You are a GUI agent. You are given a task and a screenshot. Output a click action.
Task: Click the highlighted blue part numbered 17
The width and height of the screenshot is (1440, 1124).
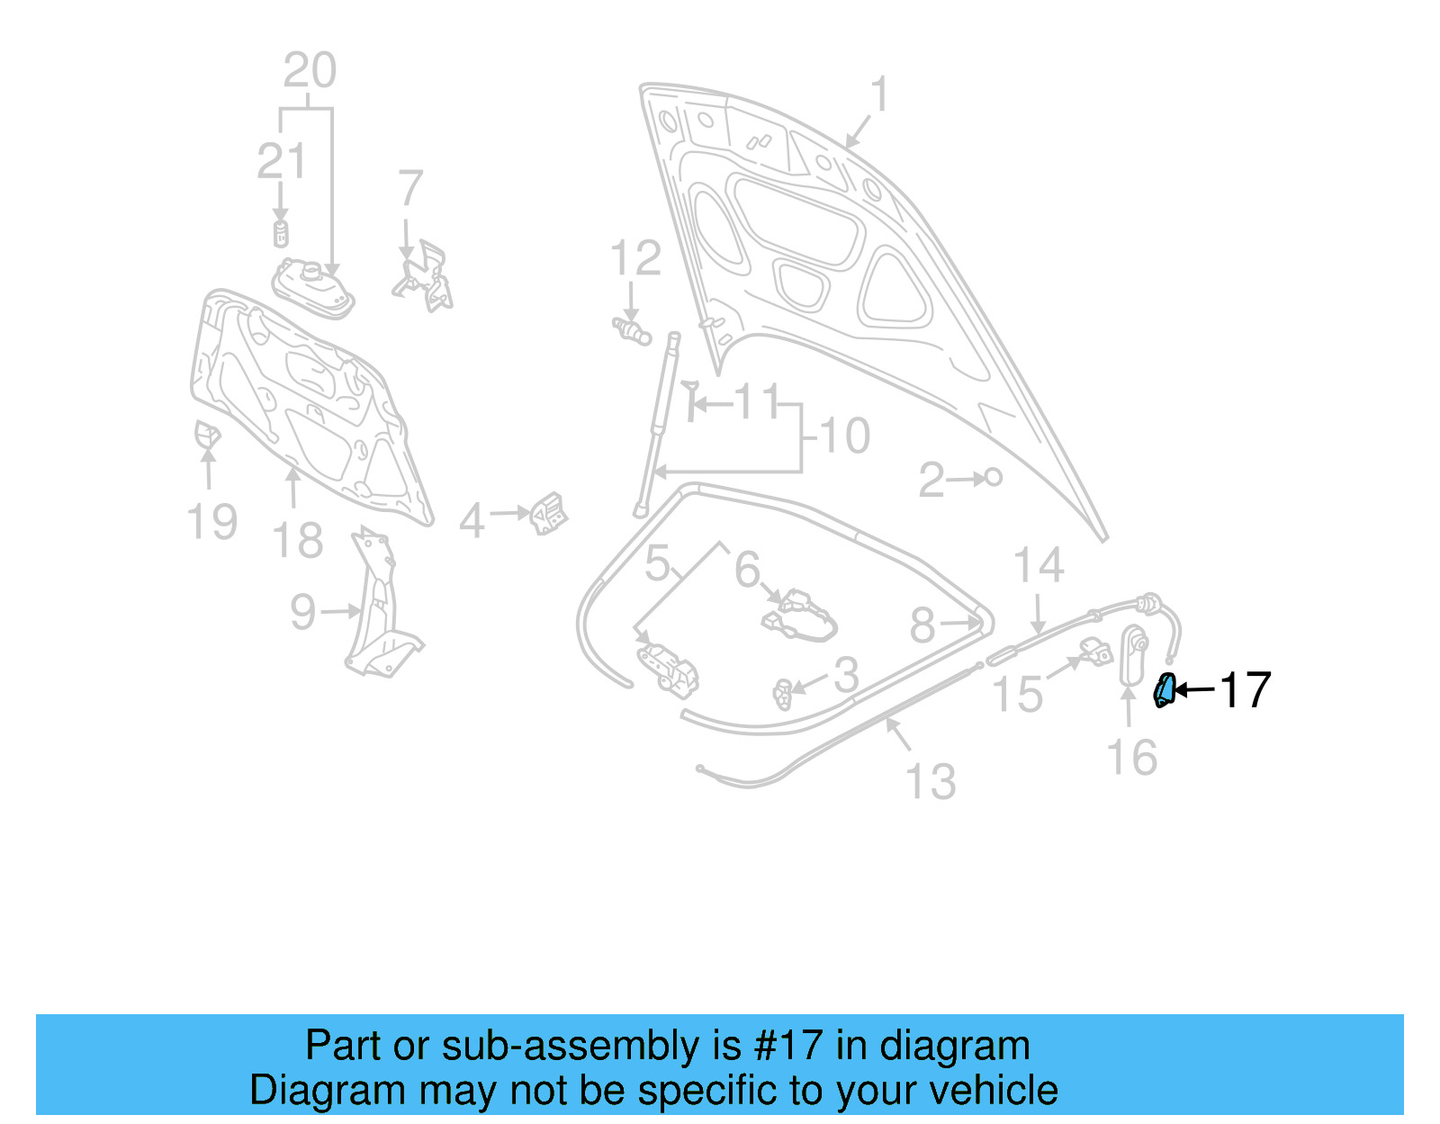pos(1165,690)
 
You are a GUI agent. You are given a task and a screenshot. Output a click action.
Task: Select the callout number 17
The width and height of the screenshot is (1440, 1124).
pos(1245,690)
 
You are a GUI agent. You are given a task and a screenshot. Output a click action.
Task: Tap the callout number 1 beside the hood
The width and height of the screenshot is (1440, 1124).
pos(879,94)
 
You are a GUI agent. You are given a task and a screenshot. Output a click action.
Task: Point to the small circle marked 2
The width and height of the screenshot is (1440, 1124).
pos(994,477)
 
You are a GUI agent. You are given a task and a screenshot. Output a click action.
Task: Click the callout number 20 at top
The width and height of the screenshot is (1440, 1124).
pos(310,70)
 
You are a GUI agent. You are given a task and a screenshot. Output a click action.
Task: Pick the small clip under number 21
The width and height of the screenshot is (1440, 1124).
pos(281,233)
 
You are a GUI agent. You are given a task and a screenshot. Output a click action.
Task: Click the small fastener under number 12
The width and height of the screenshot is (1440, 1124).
pos(632,331)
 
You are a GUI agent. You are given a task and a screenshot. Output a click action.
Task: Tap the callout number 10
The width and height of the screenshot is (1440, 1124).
pos(845,436)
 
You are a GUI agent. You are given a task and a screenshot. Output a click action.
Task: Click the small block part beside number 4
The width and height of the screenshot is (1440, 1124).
pos(547,514)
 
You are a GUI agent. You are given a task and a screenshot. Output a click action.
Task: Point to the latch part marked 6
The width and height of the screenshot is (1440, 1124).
pos(799,616)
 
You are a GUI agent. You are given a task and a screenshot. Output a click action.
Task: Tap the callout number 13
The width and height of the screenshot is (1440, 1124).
pos(931,781)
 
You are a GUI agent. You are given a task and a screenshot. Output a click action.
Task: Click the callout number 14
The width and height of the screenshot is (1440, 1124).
pos(1039,566)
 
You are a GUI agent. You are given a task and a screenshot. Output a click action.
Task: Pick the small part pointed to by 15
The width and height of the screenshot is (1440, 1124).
pos(1097,650)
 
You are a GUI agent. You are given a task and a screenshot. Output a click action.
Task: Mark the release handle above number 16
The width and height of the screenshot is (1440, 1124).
pos(1132,655)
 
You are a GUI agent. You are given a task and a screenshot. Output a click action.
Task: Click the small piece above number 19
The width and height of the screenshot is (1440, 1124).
pos(207,435)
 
